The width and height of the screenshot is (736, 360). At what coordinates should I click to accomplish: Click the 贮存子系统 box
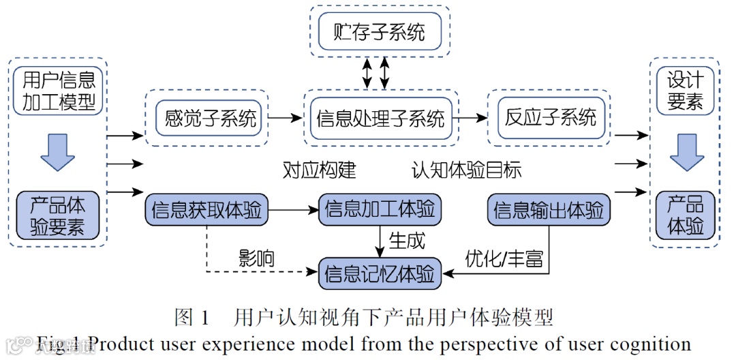coord(379,32)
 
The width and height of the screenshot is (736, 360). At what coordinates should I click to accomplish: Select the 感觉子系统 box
coord(206,117)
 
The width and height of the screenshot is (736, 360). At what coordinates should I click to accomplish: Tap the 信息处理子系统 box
coord(380,117)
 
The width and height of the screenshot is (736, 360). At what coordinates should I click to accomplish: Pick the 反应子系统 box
coord(549,117)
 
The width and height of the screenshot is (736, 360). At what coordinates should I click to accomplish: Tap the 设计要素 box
coord(684,91)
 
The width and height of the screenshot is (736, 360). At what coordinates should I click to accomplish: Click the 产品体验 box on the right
coord(684,215)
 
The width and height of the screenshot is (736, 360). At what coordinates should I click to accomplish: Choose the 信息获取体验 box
coord(206,210)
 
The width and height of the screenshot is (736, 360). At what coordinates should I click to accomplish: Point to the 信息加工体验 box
coord(379,210)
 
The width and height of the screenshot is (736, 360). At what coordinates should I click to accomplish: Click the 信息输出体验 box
coord(549,210)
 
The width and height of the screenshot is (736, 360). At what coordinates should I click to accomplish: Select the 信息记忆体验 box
coord(379,274)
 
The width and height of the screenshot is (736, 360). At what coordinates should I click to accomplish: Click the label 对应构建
coord(319,170)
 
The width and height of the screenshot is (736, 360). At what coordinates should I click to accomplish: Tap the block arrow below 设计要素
coord(684,152)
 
